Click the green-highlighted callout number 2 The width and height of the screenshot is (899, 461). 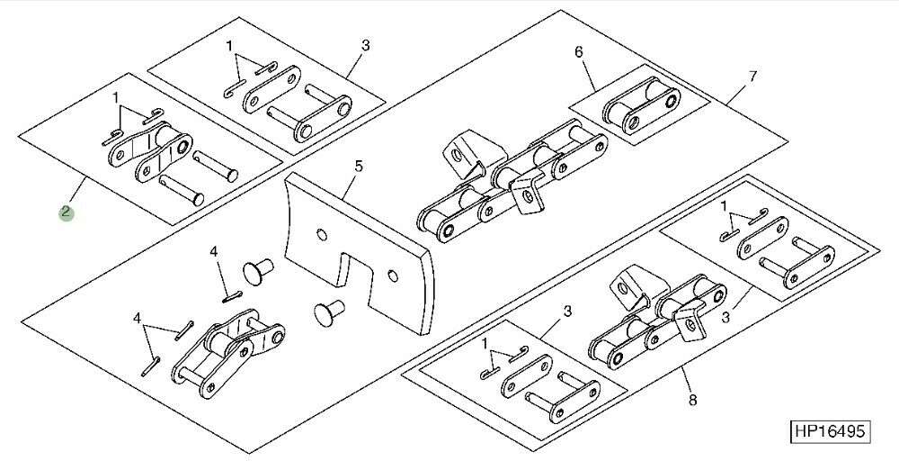tap(66, 212)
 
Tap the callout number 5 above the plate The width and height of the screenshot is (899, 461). tap(359, 167)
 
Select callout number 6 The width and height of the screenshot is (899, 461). tap(578, 52)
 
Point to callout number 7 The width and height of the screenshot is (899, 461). tap(752, 77)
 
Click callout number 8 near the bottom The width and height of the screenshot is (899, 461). tap(692, 400)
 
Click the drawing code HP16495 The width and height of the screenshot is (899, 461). tap(830, 431)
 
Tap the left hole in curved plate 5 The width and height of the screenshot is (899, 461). tap(321, 234)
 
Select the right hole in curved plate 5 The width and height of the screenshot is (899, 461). tap(392, 276)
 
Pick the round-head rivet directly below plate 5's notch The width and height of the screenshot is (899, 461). tap(329, 312)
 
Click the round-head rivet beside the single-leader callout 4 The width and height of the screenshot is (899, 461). tap(259, 271)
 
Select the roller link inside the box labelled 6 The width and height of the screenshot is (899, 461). tap(641, 105)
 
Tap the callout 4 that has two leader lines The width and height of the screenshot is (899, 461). tap(137, 318)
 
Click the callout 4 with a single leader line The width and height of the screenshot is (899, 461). tap(214, 251)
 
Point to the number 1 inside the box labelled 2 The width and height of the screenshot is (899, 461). tap(116, 95)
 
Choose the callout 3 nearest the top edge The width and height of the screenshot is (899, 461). tap(366, 45)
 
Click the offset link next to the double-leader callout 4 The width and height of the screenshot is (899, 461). tap(228, 354)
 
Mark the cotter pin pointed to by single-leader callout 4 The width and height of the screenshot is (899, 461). tap(232, 296)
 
